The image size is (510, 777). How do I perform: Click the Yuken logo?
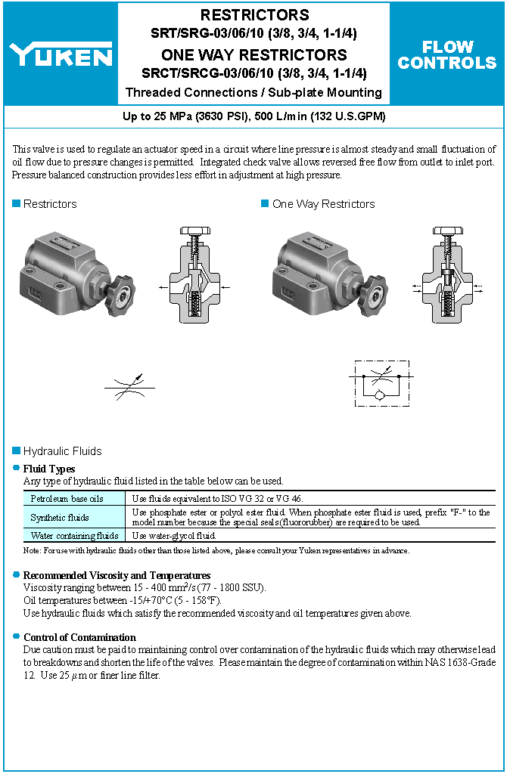61,54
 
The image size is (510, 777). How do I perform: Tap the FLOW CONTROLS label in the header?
447,55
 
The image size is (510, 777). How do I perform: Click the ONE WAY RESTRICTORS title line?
254,55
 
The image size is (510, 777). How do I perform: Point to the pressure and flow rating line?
254,116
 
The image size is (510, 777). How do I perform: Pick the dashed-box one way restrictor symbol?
382,385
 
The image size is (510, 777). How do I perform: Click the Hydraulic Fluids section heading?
62,451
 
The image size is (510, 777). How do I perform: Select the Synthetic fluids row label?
60,518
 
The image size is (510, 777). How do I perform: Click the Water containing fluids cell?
74,536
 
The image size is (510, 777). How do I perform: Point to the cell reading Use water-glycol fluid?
175,536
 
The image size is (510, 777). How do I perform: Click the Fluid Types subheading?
49,469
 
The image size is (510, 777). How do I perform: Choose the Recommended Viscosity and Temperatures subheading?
117,575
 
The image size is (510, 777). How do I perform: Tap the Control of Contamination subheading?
79,637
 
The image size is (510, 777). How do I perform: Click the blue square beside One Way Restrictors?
265,203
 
